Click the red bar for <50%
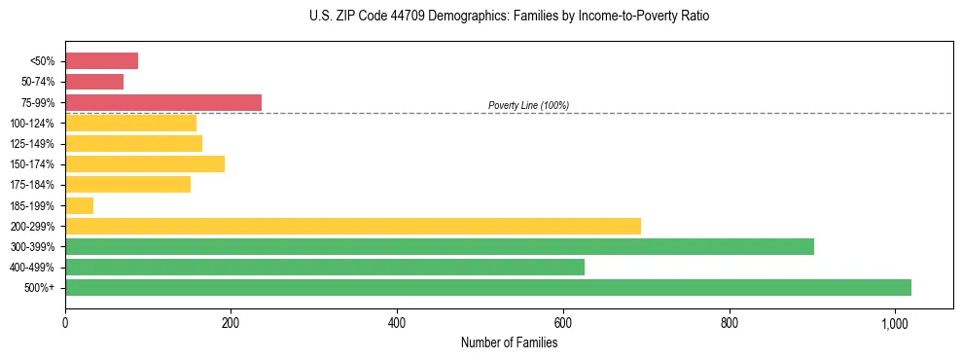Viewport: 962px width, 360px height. (101, 61)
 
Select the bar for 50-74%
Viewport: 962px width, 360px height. (94, 82)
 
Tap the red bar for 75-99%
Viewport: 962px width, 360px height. (162, 102)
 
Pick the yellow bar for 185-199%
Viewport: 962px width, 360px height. (79, 205)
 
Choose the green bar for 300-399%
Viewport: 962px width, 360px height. (439, 246)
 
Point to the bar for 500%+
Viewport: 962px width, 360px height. (487, 287)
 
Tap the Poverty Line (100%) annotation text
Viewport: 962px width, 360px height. (528, 105)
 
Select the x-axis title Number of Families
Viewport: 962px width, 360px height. (509, 342)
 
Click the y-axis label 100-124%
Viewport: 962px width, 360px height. (32, 124)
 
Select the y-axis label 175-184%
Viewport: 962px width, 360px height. (32, 185)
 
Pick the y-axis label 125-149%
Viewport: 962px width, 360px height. (32, 144)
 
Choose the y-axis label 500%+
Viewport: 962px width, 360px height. (39, 288)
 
